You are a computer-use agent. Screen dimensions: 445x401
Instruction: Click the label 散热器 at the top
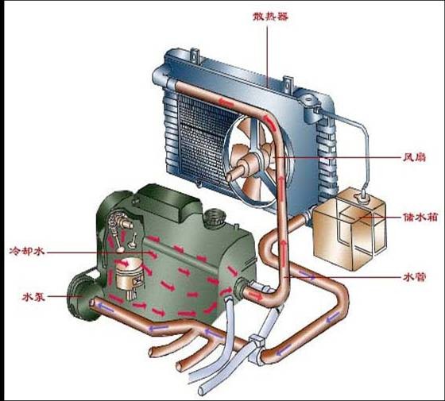coord(270,17)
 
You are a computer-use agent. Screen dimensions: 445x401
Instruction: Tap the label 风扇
coord(415,157)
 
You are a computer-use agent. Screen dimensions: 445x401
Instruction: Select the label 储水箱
coord(420,218)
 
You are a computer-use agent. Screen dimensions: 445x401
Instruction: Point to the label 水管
coord(415,277)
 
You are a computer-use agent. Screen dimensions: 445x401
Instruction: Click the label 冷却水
coord(27,251)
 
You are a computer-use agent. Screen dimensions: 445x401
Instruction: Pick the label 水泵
coord(33,297)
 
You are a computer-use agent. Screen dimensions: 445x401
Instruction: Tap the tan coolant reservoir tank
coord(349,231)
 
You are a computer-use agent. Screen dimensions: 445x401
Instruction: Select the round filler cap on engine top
coord(215,218)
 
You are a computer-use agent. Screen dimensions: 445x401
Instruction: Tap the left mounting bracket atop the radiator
coord(195,56)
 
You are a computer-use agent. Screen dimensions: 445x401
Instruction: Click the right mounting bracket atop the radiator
coord(288,84)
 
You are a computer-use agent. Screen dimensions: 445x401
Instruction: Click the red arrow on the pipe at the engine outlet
coord(256,295)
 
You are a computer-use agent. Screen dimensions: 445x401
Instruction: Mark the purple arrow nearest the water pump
coord(105,307)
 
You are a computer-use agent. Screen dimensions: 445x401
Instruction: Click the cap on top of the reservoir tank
coord(361,196)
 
